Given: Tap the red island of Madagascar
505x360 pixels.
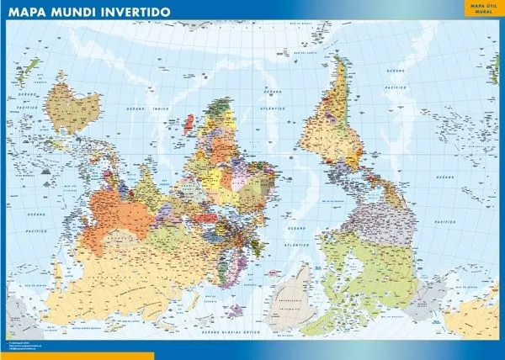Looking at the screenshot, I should click(x=189, y=123).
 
